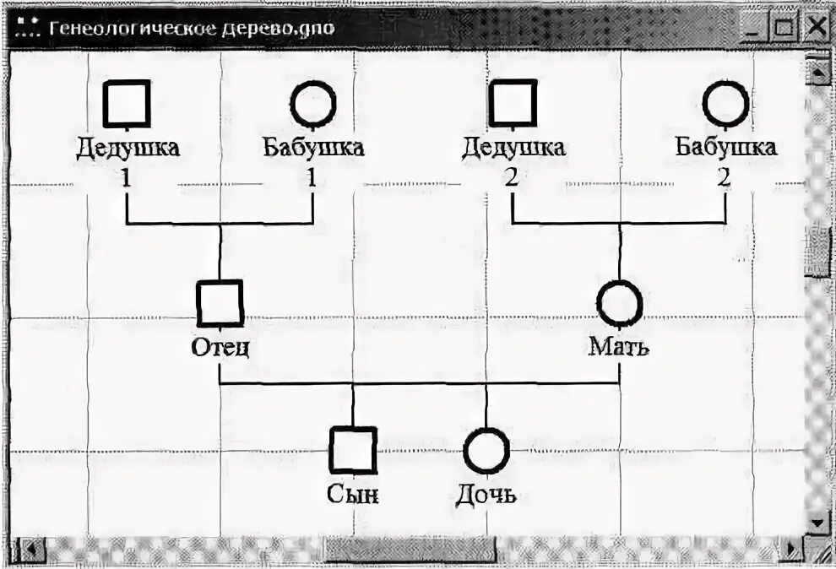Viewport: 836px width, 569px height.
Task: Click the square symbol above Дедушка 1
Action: (127, 104)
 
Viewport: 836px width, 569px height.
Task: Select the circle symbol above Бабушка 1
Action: (312, 104)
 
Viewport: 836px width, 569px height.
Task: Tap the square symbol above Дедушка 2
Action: (513, 104)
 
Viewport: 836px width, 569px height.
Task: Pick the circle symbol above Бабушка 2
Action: (725, 104)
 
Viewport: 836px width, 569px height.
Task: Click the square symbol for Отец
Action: (220, 303)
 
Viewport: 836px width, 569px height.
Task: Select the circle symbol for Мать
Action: (620, 303)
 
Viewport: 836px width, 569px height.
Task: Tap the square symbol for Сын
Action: (353, 449)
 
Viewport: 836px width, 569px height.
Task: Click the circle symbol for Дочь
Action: (486, 449)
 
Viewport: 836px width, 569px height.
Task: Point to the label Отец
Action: (220, 348)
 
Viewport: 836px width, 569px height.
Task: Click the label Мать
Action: (619, 347)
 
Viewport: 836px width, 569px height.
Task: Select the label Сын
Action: (353, 494)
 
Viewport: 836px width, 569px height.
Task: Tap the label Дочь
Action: (486, 494)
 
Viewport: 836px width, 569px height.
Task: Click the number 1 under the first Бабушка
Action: (312, 178)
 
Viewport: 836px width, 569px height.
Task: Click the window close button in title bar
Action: (816, 27)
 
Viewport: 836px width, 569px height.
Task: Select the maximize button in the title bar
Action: (785, 27)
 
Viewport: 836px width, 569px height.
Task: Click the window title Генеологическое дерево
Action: (191, 27)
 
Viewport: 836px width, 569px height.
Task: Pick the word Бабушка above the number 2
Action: (725, 148)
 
